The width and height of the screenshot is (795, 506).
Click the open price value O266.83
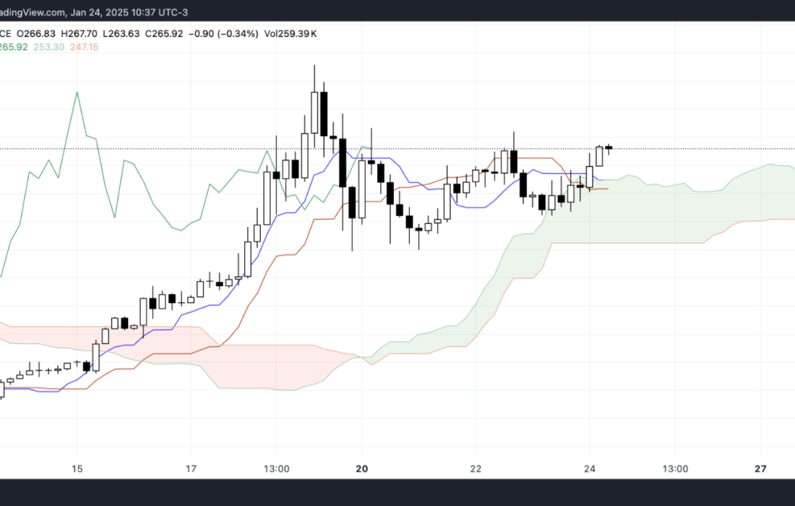click(38, 33)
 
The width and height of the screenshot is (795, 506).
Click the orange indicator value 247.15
click(82, 47)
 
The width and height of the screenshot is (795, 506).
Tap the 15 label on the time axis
click(77, 468)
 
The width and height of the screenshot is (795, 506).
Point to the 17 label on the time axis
click(192, 468)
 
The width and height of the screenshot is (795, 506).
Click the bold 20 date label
click(362, 468)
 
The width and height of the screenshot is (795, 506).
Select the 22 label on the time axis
click(476, 468)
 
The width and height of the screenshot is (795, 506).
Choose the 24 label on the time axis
click(589, 468)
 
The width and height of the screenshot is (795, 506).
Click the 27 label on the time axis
click(760, 468)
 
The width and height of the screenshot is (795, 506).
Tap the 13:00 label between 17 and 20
click(277, 468)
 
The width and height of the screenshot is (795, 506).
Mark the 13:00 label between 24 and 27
click(675, 468)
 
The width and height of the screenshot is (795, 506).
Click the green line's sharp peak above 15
click(76, 92)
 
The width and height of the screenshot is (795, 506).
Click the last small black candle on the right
click(609, 147)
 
